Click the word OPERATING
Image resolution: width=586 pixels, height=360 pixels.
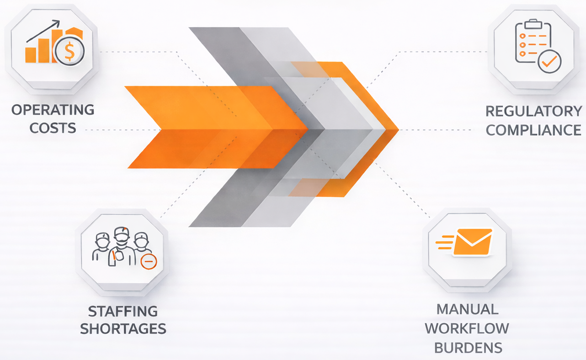53,110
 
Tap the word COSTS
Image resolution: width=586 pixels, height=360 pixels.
53,128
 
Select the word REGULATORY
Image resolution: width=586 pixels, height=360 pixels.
534,111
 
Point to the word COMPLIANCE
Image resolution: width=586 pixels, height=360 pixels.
534,130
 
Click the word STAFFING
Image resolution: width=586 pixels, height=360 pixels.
123,311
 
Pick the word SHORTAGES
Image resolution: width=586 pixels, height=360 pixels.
123,328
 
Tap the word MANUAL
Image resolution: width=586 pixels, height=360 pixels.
468,309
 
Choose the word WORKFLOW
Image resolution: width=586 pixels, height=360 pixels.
467,328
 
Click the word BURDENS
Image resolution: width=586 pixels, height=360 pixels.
468,348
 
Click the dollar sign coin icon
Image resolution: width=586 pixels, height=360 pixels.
69,51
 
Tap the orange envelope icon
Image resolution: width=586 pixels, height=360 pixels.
473,242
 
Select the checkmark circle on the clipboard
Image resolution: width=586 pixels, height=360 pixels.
549,61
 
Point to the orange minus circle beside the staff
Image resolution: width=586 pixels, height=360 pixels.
149,261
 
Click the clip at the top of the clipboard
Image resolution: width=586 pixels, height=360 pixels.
533,24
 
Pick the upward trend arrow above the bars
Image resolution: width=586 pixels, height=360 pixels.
43,31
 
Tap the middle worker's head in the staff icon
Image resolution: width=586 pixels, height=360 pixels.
122,235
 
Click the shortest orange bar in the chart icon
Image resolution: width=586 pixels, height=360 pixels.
31,55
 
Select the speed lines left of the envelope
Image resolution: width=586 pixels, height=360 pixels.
445,242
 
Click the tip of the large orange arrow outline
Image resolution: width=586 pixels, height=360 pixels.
399,129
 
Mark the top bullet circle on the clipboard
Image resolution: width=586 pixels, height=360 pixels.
522,36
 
